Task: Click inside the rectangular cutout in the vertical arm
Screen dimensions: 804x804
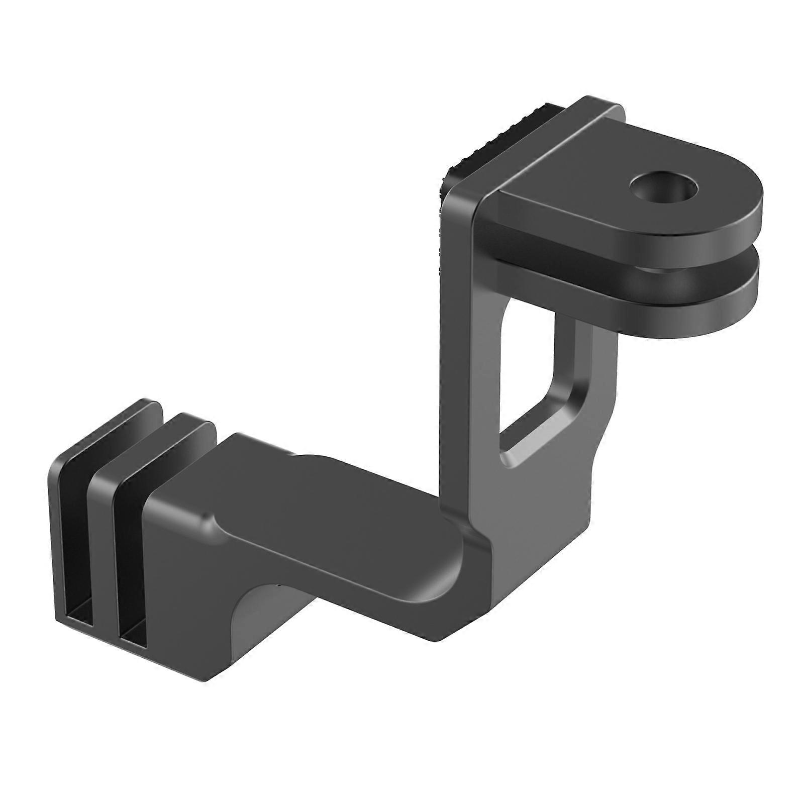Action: coord(533,372)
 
